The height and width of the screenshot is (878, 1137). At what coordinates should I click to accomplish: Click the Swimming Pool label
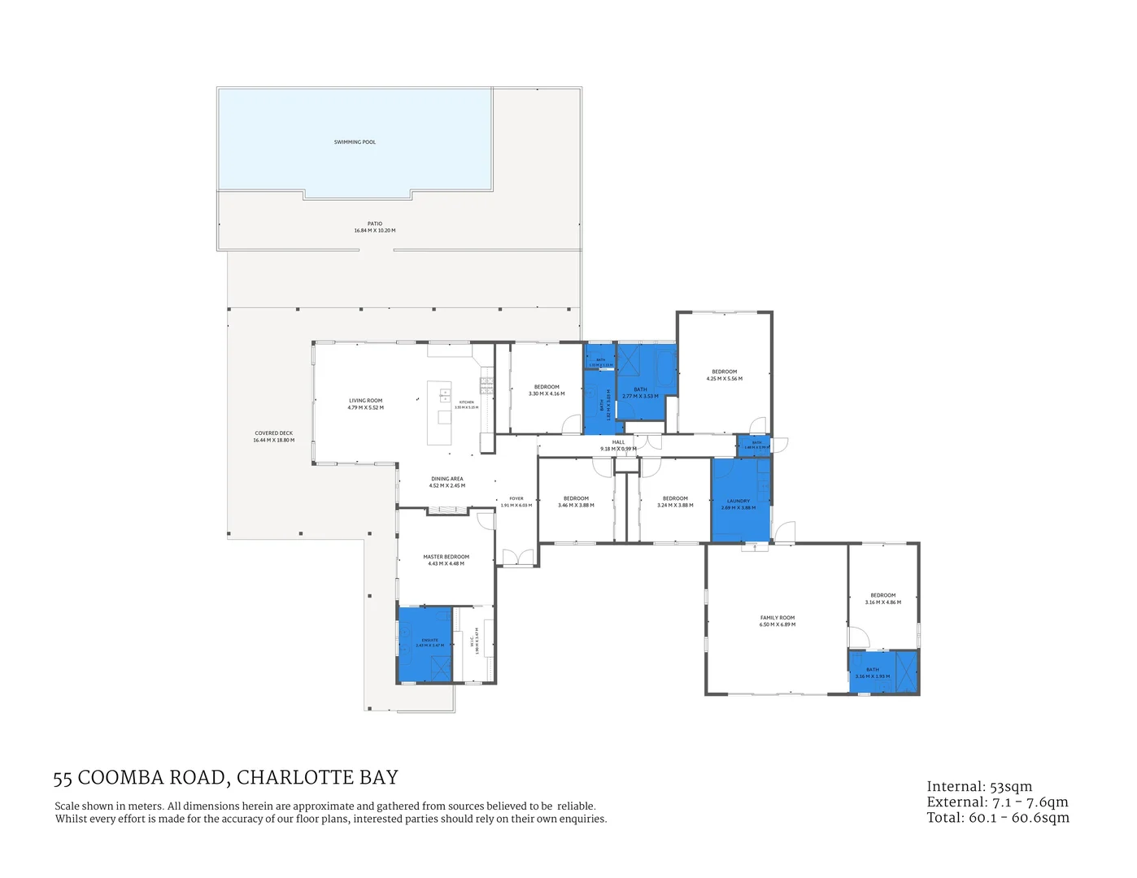coord(355,142)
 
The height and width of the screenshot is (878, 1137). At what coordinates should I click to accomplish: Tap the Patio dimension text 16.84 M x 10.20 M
coord(375,231)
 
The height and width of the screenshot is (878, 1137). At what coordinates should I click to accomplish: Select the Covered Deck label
coord(273,433)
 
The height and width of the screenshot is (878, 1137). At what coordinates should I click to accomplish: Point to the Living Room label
coord(365,401)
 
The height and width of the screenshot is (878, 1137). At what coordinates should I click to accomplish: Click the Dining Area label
coord(447,479)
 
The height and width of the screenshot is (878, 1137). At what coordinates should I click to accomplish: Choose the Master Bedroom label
coord(446,557)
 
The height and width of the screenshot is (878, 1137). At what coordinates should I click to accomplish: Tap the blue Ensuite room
coord(425,644)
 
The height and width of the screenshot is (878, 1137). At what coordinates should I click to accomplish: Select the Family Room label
coord(778,618)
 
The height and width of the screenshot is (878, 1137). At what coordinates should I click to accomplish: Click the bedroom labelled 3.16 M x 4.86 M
coord(882,598)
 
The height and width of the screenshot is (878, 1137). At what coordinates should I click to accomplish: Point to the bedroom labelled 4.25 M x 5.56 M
coord(724,375)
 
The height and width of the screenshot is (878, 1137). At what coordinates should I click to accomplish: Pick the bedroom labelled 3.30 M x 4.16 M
coord(547,390)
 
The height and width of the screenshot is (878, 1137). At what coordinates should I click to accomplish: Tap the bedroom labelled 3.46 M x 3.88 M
coord(576,502)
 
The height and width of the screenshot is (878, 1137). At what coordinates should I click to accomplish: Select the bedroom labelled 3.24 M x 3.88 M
coord(675,502)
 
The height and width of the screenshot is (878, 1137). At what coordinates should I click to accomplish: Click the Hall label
coord(618,442)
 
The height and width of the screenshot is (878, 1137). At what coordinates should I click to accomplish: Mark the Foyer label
coord(516,498)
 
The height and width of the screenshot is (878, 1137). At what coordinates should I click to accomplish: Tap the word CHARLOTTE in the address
coord(296,778)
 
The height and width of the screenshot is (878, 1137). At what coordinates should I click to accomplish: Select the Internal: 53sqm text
coord(979,787)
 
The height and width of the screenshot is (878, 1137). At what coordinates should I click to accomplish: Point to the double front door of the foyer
coord(517,559)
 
